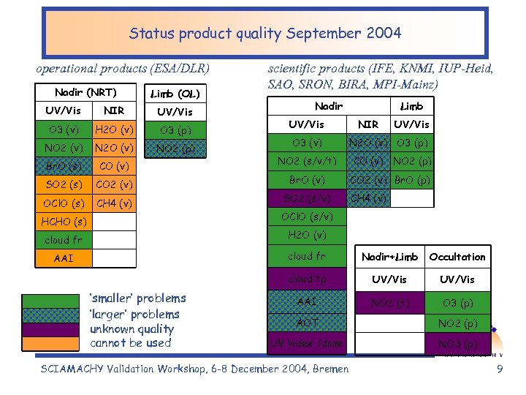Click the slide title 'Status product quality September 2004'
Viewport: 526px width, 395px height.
coord(264,33)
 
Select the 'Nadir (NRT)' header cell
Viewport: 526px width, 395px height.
coord(85,92)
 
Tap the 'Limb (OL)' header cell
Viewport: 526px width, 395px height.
coord(175,94)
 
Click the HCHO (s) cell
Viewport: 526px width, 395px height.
coord(64,221)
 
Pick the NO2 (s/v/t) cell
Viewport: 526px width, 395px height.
coord(307,161)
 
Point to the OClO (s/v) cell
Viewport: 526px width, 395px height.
coord(307,217)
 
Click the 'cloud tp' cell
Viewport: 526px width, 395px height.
coord(307,279)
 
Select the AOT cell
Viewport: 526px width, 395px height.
coord(307,322)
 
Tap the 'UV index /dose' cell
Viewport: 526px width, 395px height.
coord(307,343)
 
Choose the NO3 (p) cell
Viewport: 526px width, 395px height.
coord(457,344)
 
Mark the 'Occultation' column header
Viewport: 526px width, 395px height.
coord(457,257)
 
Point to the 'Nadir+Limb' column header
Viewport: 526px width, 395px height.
coord(389,257)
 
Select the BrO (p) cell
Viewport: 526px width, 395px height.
coord(412,180)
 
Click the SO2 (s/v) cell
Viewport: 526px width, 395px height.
coord(307,198)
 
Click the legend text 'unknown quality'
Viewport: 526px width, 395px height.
coord(131,329)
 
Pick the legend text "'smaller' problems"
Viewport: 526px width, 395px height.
coord(137,298)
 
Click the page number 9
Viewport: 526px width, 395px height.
coord(500,369)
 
